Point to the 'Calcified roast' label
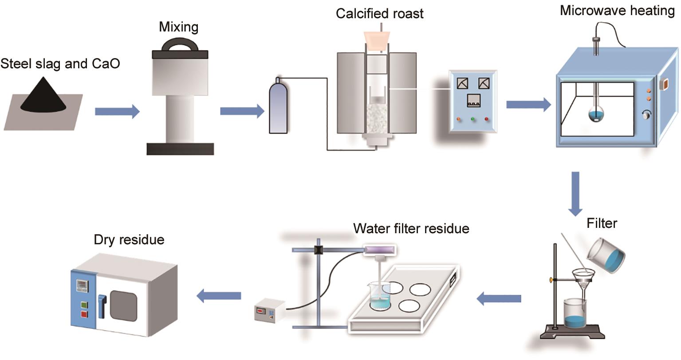(x=379, y=13)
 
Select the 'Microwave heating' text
(x=617, y=10)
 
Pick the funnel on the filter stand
(x=583, y=278)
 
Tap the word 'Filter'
(x=602, y=223)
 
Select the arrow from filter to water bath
(x=499, y=299)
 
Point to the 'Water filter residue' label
(x=411, y=228)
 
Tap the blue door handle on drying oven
(x=102, y=305)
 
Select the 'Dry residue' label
(x=129, y=240)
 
